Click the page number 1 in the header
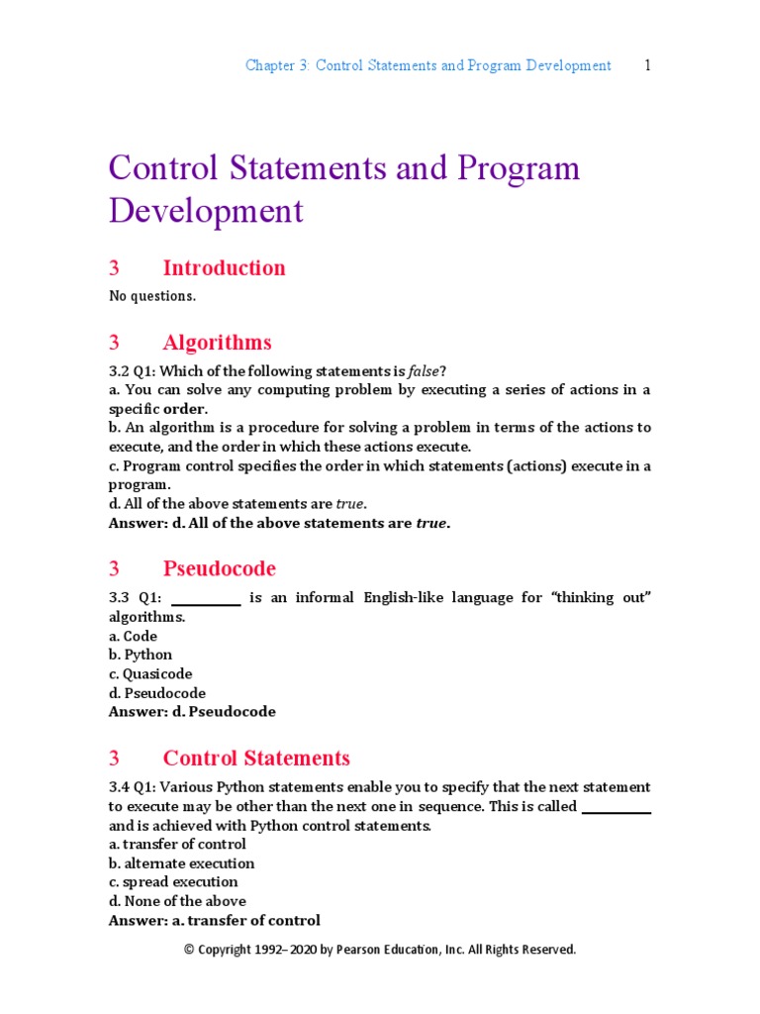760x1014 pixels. pos(647,65)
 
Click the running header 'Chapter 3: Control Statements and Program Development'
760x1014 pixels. pos(427,65)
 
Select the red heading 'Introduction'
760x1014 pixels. pos(224,267)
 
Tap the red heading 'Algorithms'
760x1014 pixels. pos(217,343)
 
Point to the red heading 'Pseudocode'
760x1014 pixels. pos(219,568)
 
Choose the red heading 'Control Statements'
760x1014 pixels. pos(256,759)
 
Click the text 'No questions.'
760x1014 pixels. pos(152,295)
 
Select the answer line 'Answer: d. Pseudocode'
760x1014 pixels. pos(192,712)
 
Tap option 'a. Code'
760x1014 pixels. pos(133,636)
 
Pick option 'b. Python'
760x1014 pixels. pos(141,655)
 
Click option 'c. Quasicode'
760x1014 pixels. pos(150,673)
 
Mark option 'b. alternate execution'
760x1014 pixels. pos(181,863)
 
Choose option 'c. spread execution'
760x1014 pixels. pos(173,882)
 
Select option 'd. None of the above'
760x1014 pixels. pos(177,901)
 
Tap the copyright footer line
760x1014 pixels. pos(380,950)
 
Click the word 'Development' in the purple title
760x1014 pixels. pos(206,211)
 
